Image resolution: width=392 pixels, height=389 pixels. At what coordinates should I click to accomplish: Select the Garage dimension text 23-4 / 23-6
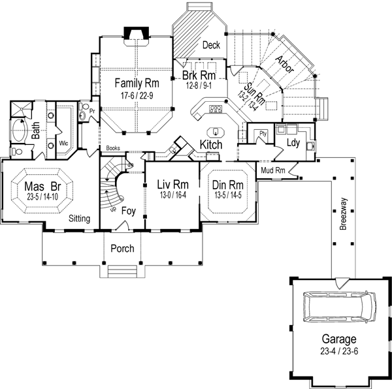pyautogui.click(x=338, y=350)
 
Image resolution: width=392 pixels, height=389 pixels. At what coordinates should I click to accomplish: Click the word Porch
pyautogui.click(x=122, y=248)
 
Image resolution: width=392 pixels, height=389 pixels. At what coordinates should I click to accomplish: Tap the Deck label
pyautogui.click(x=210, y=45)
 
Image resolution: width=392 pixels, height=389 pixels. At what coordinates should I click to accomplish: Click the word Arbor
pyautogui.click(x=284, y=63)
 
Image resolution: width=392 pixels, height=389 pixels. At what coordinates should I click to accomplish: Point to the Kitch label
pyautogui.click(x=211, y=144)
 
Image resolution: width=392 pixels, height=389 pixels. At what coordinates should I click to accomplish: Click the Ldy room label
pyautogui.click(x=293, y=142)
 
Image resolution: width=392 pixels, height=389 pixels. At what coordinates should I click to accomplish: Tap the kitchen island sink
pyautogui.click(x=216, y=129)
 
